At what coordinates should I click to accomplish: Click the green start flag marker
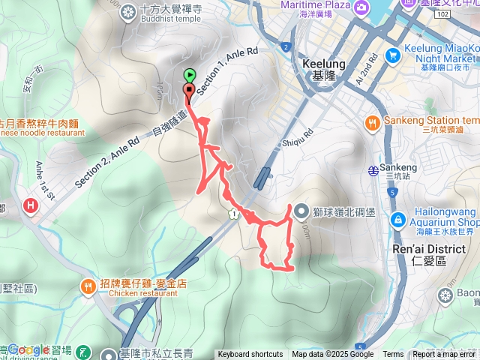(190, 75)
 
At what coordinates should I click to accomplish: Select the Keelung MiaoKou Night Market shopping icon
(392, 55)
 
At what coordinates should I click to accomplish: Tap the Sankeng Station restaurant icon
(372, 121)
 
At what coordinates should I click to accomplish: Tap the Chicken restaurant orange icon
(88, 286)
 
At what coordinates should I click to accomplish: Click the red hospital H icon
(30, 204)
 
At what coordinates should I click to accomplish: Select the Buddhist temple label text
(157, 22)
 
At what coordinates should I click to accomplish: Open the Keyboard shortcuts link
(250, 355)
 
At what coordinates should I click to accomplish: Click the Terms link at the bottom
(393, 355)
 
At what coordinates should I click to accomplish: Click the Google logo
(28, 349)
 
